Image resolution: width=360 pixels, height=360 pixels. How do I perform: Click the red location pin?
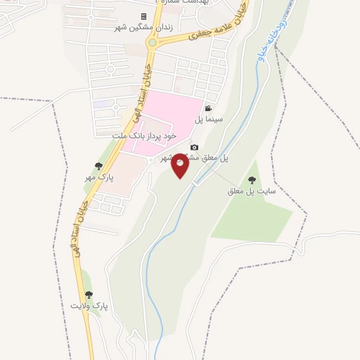180,165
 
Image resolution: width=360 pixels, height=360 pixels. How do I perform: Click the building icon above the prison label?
144,16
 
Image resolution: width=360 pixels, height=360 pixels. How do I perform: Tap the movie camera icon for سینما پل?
208,108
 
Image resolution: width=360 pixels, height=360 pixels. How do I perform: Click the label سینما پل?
209,120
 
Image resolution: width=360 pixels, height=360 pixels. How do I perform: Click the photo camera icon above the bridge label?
194,147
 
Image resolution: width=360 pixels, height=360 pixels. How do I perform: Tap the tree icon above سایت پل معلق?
252,180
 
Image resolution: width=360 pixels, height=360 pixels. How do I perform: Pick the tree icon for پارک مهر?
98,166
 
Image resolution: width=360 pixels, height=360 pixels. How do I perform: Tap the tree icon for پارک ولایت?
88,295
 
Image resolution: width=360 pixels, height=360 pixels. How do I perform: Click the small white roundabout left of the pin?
150,160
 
